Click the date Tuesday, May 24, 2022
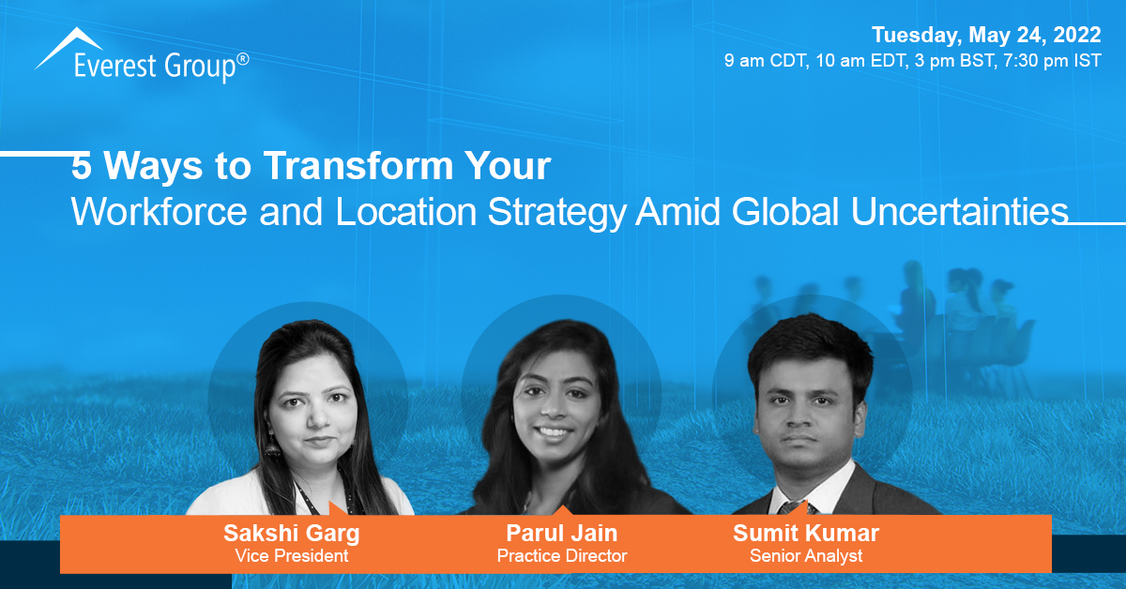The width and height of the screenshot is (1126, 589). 985,36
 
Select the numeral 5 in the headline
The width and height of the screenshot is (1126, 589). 83,166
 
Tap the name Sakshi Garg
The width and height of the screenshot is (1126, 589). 292,534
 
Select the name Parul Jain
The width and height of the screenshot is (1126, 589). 562,534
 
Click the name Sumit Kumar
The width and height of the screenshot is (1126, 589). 805,534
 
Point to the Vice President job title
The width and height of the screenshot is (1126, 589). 292,556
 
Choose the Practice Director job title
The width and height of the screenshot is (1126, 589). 562,556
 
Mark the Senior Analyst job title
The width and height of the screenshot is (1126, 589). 805,556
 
